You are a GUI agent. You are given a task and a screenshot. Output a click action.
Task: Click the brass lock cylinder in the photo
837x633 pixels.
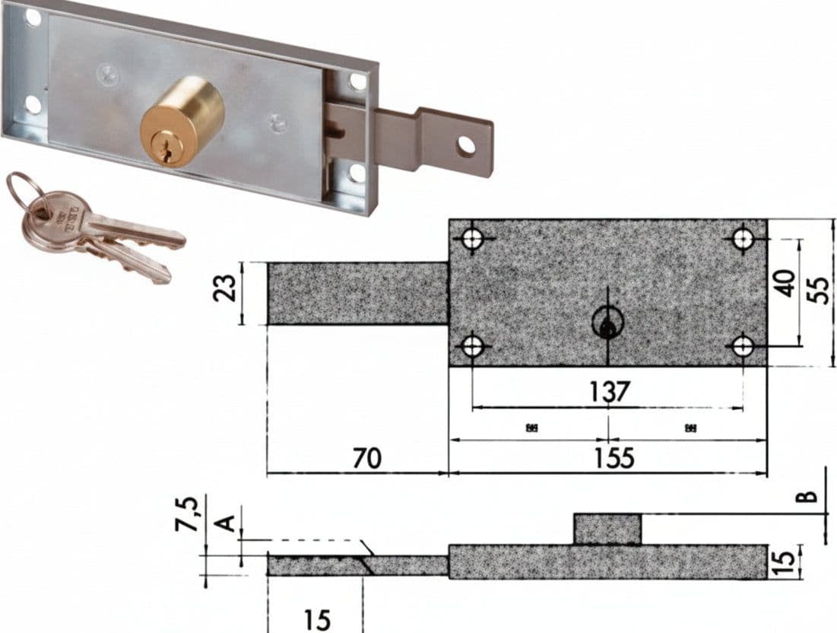pyautogui.click(x=182, y=122)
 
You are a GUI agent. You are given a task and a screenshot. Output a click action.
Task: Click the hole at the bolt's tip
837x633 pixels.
pyautogui.click(x=466, y=145)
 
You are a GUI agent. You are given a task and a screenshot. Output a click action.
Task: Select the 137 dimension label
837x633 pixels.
pyautogui.click(x=609, y=392)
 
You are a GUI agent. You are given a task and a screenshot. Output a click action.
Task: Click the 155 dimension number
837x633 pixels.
pyautogui.click(x=613, y=458)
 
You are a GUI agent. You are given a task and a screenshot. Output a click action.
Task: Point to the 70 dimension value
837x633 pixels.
pyautogui.click(x=367, y=458)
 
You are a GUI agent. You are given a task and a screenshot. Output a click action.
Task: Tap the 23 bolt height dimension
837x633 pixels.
pyautogui.click(x=224, y=288)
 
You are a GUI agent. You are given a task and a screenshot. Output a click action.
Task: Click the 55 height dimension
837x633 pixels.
pyautogui.click(x=821, y=290)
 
